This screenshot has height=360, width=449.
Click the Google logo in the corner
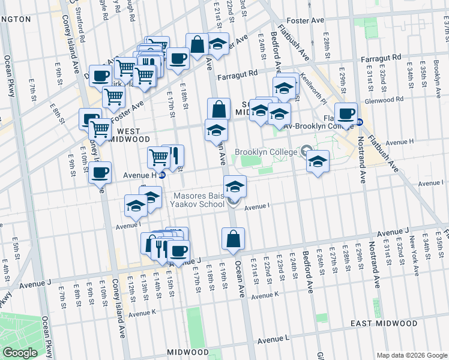point(20,353)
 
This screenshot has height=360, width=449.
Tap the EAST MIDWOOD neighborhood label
point(384,323)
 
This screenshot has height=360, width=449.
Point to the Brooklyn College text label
point(266,152)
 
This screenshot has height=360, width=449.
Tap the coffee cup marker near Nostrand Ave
point(345,113)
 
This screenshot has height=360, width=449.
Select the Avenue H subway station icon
point(161,175)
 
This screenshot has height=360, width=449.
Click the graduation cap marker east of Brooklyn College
point(318,161)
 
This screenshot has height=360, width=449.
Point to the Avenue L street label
point(273,340)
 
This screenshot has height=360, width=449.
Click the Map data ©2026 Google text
point(412,355)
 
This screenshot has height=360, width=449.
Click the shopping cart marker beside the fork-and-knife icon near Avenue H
point(159,157)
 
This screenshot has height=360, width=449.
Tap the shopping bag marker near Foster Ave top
point(197,43)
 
